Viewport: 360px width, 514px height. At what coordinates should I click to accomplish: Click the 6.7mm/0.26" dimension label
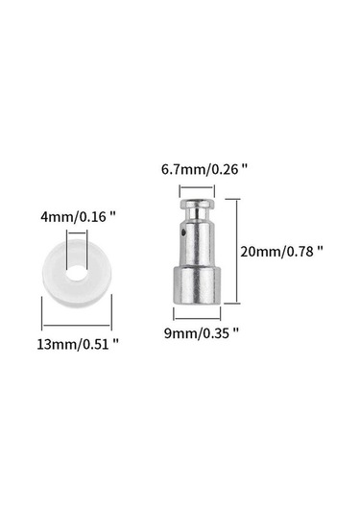click(204, 170)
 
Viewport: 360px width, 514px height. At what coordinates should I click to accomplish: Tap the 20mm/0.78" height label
click(281, 252)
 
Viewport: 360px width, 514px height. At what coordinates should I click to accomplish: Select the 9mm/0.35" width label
click(202, 333)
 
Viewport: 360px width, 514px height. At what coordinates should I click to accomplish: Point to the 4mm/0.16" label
click(79, 217)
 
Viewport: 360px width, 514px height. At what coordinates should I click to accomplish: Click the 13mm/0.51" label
click(78, 345)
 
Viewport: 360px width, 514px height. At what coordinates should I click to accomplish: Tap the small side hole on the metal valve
click(183, 233)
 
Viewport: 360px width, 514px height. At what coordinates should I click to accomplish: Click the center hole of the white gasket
click(77, 273)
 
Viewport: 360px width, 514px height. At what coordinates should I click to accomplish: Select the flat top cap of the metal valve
click(197, 204)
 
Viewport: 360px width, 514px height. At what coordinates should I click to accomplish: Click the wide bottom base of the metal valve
click(197, 285)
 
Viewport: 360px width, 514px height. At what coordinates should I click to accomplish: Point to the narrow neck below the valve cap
click(197, 215)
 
